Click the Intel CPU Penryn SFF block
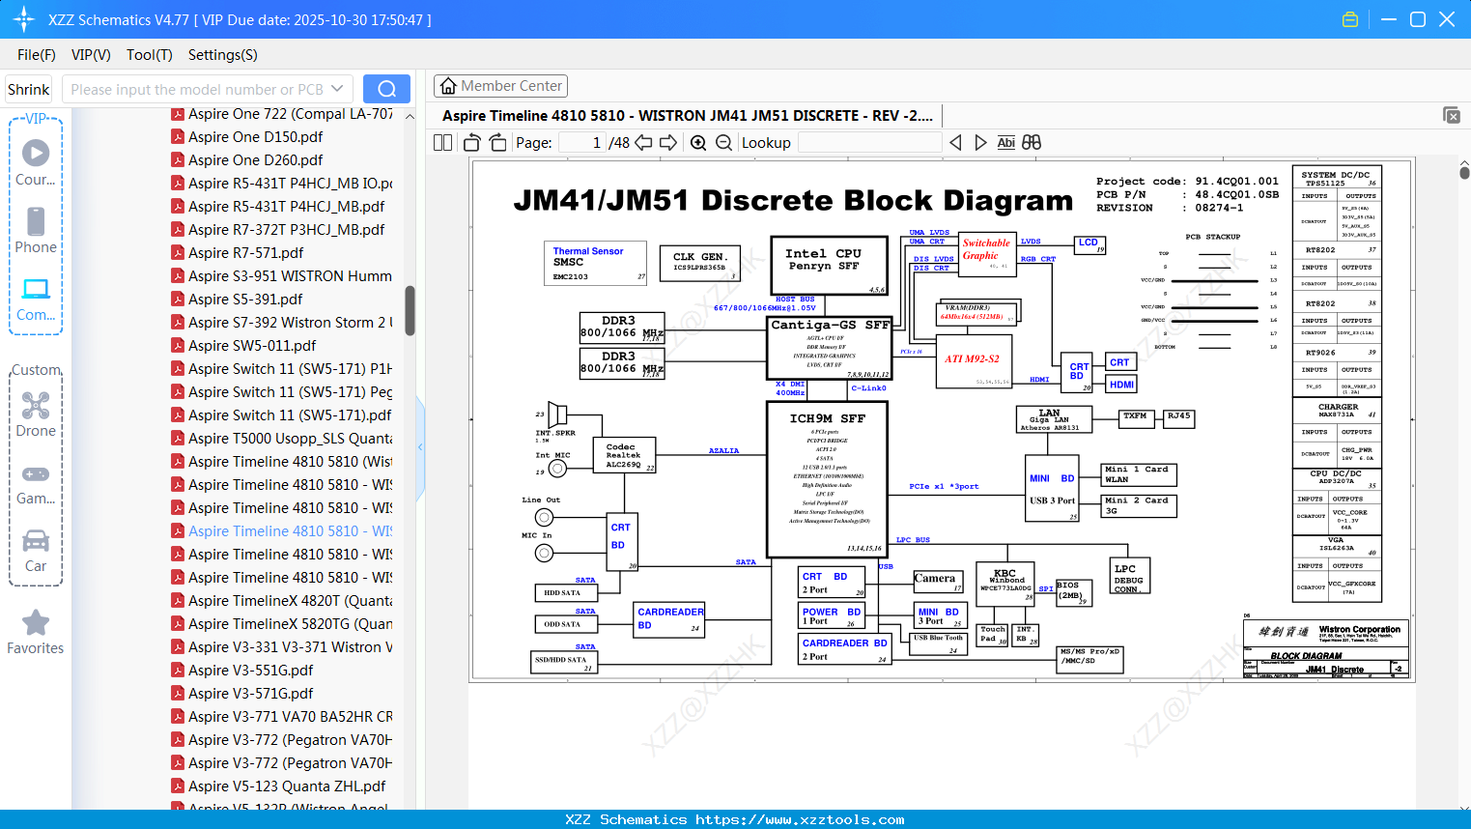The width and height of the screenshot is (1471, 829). click(x=829, y=265)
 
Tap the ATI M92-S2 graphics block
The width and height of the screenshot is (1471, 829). click(x=973, y=360)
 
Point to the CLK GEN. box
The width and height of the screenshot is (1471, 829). click(x=699, y=262)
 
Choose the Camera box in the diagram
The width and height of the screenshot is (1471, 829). click(x=938, y=581)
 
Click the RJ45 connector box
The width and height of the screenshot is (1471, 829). click(x=1179, y=417)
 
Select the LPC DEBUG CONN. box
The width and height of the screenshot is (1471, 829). click(x=1128, y=577)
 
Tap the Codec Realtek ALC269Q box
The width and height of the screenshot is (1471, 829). click(x=624, y=455)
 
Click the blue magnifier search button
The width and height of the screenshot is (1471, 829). click(x=386, y=89)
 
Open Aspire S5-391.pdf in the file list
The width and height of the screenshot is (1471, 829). click(x=245, y=300)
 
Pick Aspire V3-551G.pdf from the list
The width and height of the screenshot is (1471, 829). click(x=250, y=671)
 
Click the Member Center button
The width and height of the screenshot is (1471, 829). click(x=500, y=86)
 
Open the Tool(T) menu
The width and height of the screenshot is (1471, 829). click(x=149, y=55)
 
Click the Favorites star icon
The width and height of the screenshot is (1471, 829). click(x=36, y=623)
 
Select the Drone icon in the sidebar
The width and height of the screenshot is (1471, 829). click(x=36, y=406)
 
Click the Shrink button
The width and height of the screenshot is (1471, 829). click(x=28, y=89)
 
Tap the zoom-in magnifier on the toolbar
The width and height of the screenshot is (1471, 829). click(x=698, y=143)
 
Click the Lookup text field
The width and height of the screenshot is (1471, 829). click(x=869, y=143)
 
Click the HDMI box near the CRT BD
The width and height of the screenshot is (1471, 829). click(x=1121, y=385)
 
